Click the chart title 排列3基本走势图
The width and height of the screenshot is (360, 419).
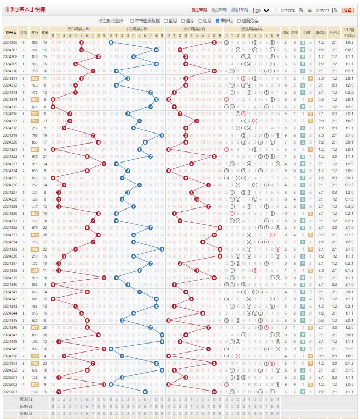[25, 9]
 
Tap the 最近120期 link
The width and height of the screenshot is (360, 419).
[238, 10]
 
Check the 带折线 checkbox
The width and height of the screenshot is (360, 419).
[217, 20]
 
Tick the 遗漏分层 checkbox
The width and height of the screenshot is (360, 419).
[238, 20]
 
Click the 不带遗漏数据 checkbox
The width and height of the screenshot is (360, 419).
[132, 20]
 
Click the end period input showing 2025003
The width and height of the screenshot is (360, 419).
[323, 10]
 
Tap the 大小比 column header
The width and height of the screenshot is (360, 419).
[335, 32]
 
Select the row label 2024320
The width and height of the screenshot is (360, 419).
[10, 142]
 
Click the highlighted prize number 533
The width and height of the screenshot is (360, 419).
[35, 78]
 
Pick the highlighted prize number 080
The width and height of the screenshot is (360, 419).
[35, 99]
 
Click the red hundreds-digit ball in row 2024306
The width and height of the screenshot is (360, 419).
[81, 42]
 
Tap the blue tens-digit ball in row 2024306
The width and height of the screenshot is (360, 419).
[111, 42]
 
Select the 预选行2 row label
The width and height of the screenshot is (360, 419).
[26, 406]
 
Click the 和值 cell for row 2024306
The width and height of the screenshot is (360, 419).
[45, 42]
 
